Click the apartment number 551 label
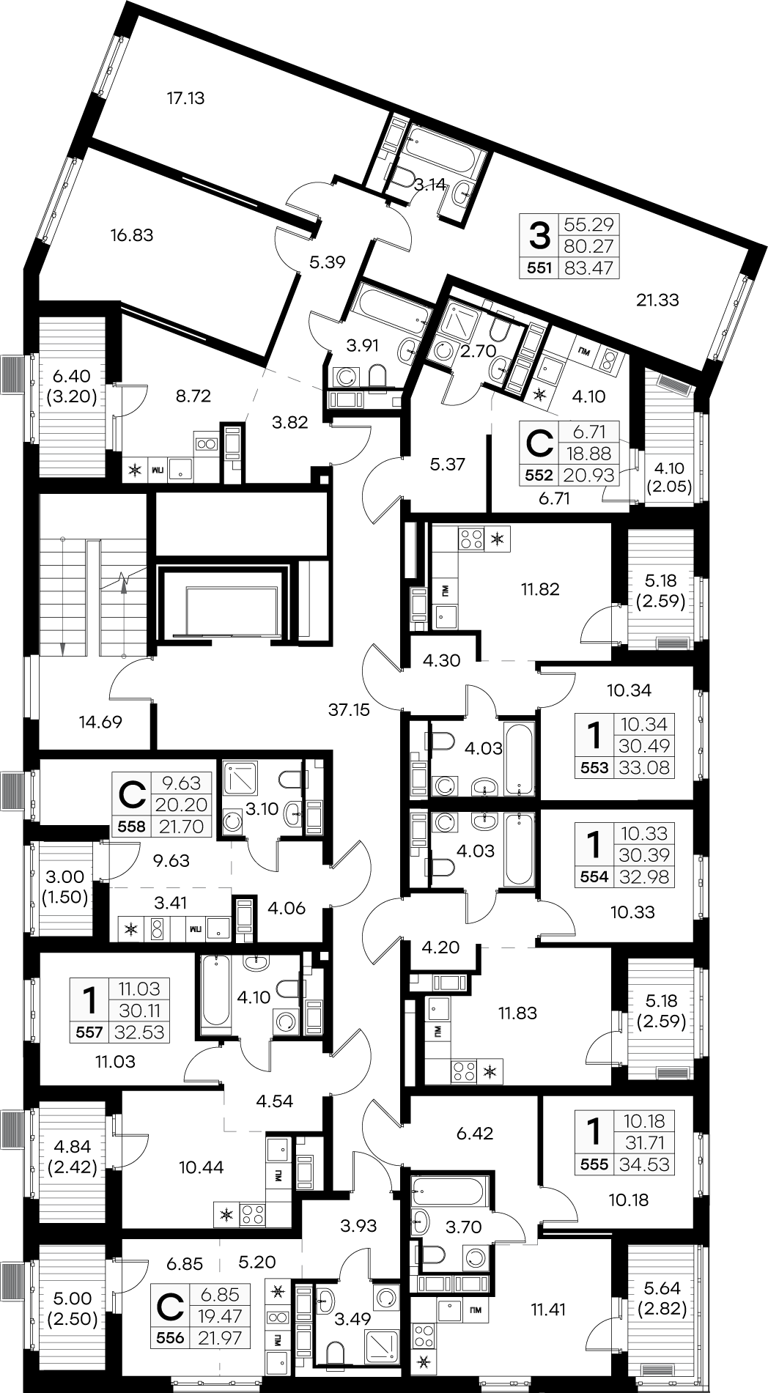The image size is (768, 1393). point(539,268)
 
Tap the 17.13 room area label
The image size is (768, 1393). point(185,97)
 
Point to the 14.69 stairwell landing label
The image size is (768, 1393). point(100,722)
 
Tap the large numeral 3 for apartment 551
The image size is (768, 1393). point(539,236)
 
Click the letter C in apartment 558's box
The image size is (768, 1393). point(132,794)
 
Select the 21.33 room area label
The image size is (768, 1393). point(659,299)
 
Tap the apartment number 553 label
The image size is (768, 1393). point(595,768)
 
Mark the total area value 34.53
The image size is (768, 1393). point(644,1164)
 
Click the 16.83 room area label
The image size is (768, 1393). point(132,235)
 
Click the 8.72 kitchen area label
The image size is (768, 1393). point(193,396)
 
